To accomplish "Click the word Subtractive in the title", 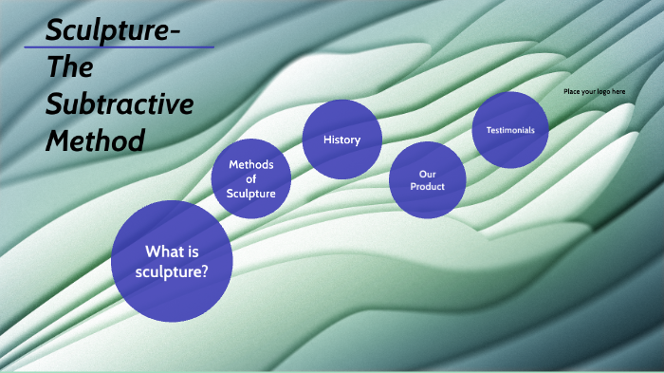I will tap(120, 105).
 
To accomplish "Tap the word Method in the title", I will tap(96, 141).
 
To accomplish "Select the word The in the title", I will tap(70, 69).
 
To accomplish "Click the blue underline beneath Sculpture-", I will tap(119, 47).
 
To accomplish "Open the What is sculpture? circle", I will tap(172, 260).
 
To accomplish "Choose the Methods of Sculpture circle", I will tap(251, 179).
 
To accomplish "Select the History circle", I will tap(341, 140).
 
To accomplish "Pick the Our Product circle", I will tap(428, 179).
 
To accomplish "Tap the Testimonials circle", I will tap(510, 130).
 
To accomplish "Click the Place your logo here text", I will tap(594, 91).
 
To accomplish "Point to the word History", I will tap(341, 140).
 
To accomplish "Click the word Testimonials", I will tap(510, 130).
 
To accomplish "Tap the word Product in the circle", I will tap(427, 186).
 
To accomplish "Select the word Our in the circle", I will tap(427, 174).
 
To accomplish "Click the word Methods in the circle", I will tap(251, 165).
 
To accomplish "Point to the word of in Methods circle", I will tap(251, 179).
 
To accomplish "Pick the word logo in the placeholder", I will tap(600, 91).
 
